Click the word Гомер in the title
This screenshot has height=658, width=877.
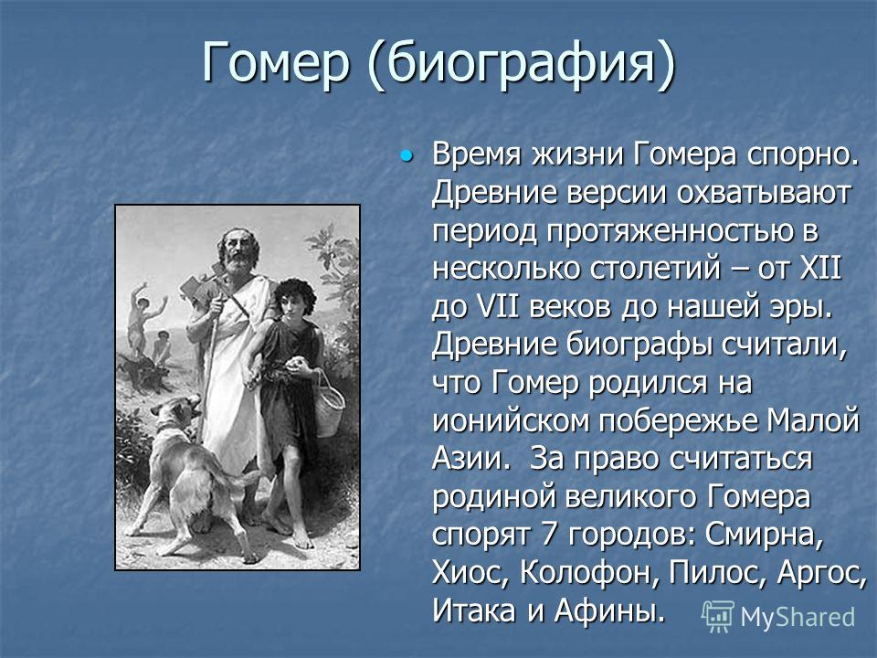[x=276, y=63]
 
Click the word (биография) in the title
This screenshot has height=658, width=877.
[x=523, y=65]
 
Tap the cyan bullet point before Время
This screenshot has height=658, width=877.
[x=407, y=154]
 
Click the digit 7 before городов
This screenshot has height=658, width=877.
[x=549, y=534]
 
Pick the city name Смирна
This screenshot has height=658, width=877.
[x=764, y=536]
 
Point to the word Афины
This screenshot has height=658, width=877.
[x=611, y=610]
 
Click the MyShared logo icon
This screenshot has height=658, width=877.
[x=718, y=617]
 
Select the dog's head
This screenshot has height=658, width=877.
[x=177, y=412]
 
